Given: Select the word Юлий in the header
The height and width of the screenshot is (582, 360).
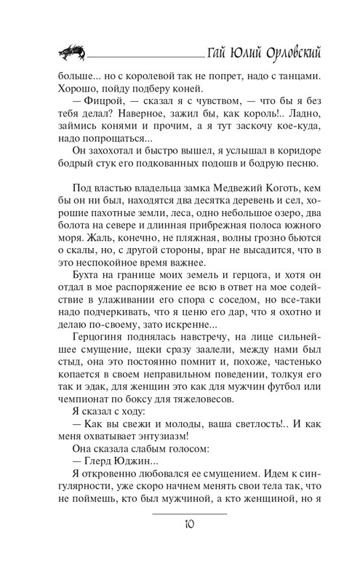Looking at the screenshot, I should tap(240, 54).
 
